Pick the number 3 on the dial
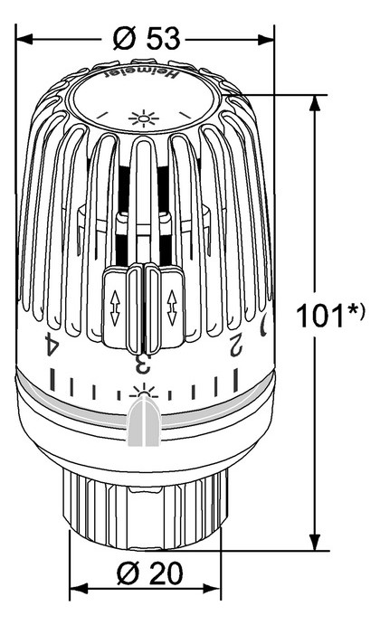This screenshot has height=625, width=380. (140, 365)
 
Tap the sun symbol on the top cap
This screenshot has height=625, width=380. (141, 118)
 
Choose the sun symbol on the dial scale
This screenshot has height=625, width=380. (141, 393)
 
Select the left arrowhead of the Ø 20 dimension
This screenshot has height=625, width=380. (75, 573)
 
